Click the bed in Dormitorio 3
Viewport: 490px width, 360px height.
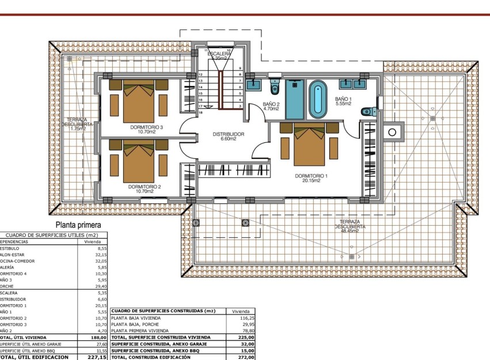[139, 103]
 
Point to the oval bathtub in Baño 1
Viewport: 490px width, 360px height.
[318, 99]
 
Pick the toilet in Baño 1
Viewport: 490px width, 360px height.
[369, 111]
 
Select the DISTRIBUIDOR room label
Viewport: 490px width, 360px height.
[229, 134]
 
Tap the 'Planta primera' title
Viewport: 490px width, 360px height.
[78, 225]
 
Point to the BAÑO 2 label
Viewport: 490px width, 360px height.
[267, 104]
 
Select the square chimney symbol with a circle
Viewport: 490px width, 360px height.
[392, 132]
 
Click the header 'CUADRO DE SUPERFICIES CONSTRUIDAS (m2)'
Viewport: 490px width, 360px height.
[163, 310]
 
